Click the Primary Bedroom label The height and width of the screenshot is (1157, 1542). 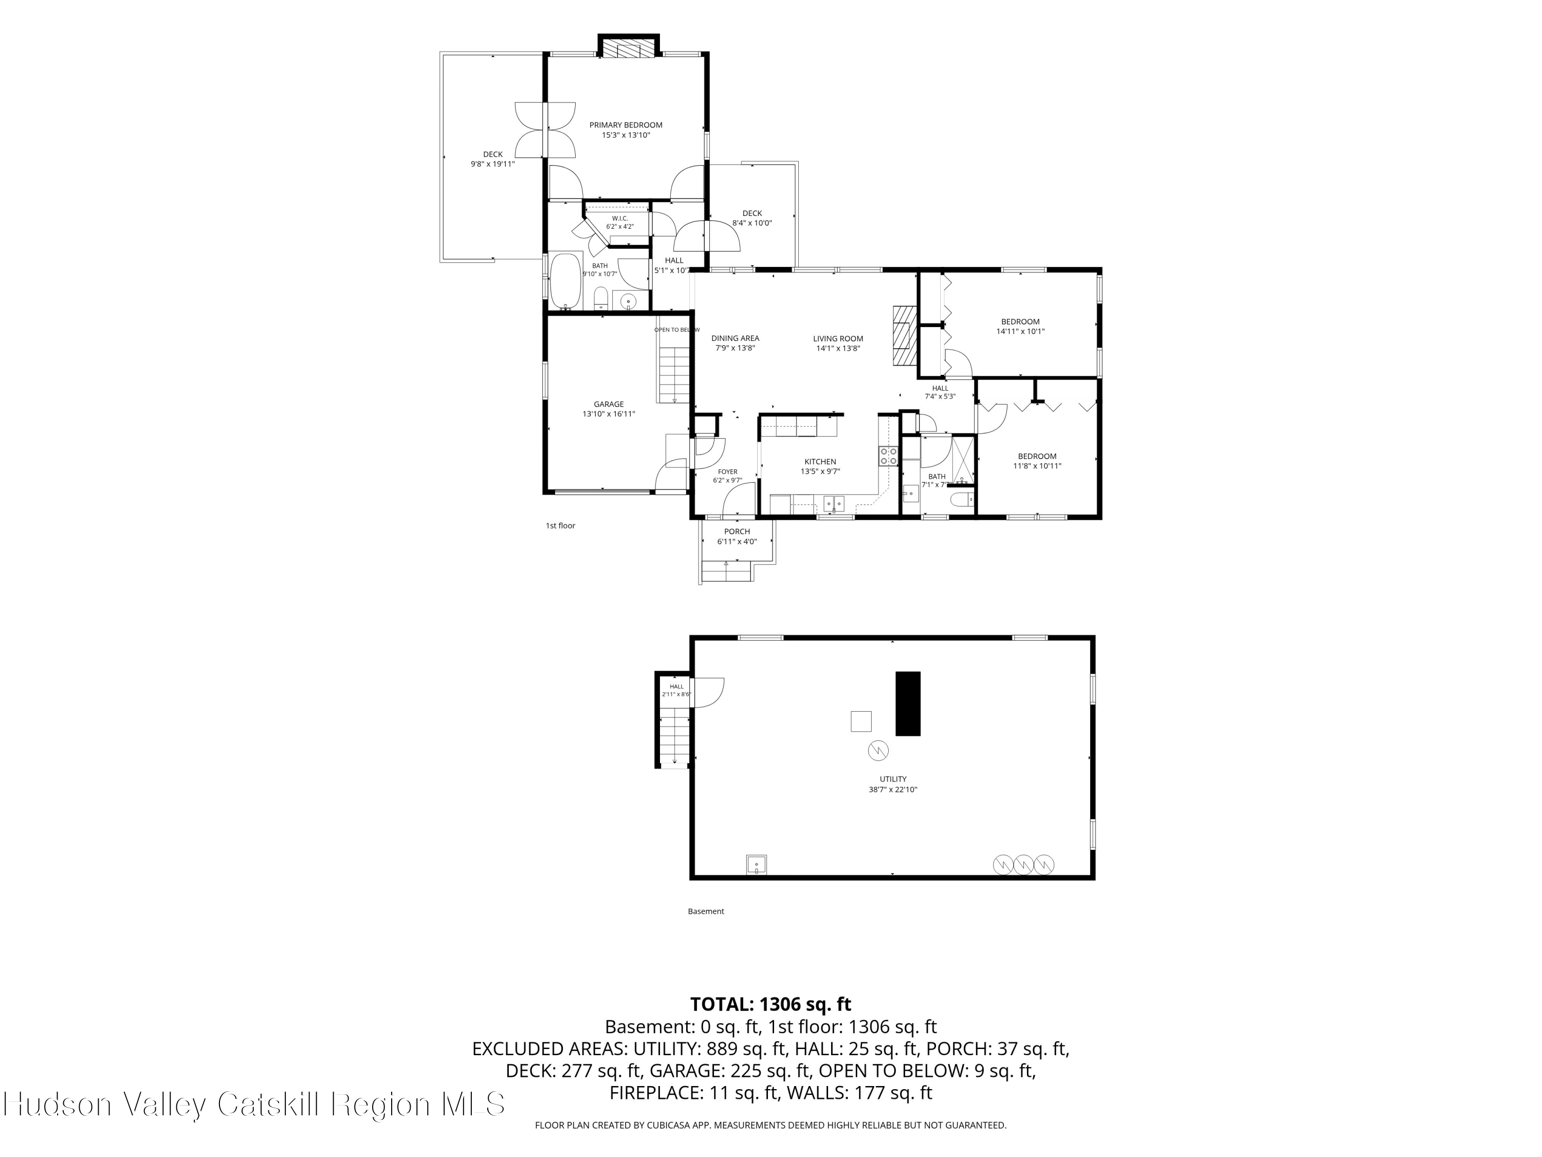[x=626, y=130]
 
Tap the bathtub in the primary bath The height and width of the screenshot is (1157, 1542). [x=565, y=282]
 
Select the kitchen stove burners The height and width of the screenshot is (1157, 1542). [x=888, y=456]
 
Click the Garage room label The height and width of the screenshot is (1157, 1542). [x=609, y=409]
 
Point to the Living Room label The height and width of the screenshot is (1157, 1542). [x=838, y=343]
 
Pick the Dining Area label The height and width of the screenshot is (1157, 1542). [x=736, y=343]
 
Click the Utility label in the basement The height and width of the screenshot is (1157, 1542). [x=893, y=784]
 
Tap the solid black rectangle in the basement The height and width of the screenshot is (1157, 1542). [x=908, y=703]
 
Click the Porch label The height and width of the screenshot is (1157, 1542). [x=737, y=536]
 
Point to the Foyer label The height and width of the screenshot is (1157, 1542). [x=727, y=476]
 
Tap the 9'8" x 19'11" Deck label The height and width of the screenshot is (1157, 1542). [x=493, y=159]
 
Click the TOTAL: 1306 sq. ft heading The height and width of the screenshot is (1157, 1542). [x=770, y=1004]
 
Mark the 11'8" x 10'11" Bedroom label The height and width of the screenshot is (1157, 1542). [x=1037, y=461]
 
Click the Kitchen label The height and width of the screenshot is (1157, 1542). [x=820, y=466]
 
